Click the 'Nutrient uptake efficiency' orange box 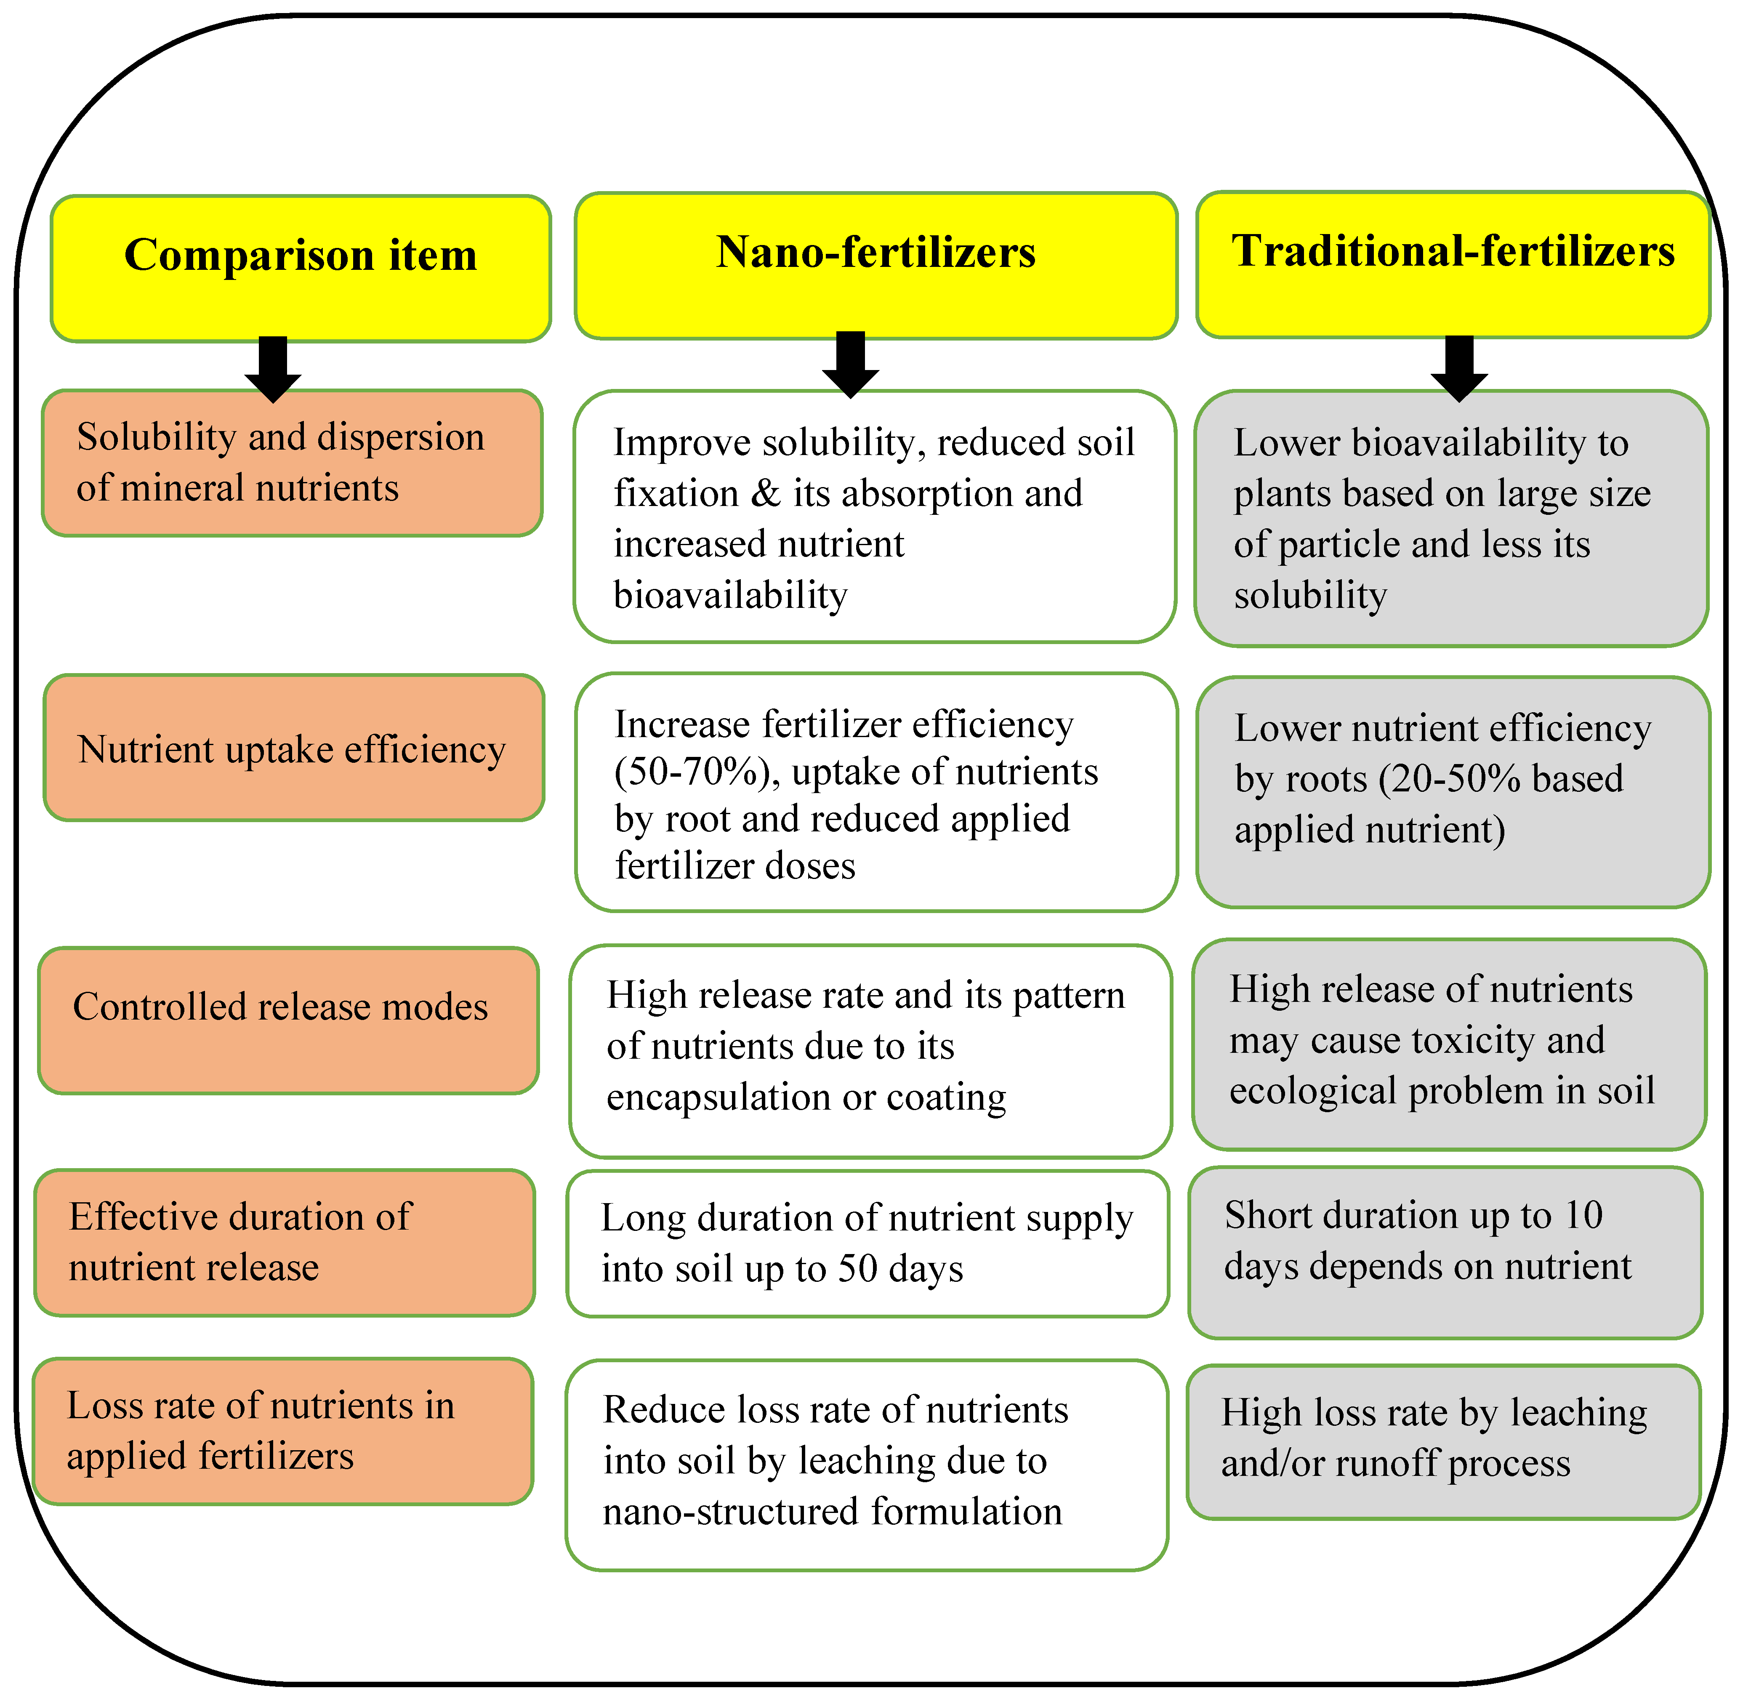click(293, 748)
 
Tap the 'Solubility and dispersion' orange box click(292, 462)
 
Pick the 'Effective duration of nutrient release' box click(285, 1242)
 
